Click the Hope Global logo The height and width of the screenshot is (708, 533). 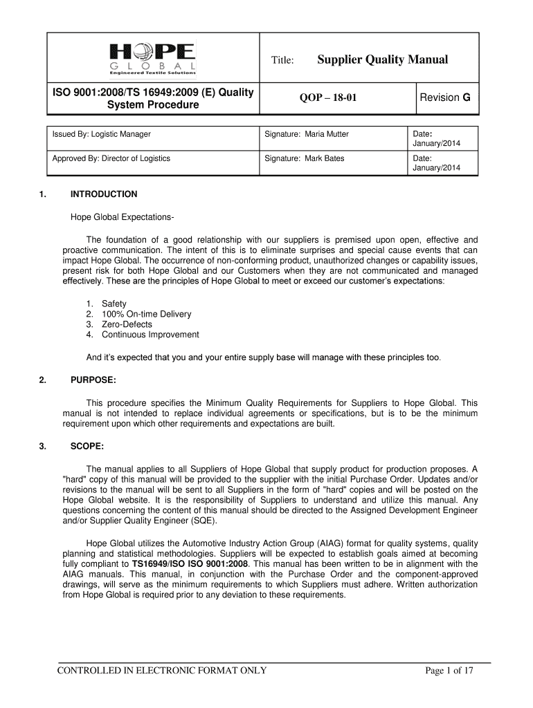point(152,58)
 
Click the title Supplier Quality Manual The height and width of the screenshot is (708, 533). point(382,59)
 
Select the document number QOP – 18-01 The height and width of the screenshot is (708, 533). point(328,98)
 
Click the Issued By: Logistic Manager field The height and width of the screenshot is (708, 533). point(102,134)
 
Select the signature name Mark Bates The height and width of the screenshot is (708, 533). point(323,158)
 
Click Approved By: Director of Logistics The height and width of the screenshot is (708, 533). point(111,158)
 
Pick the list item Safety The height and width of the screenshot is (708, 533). point(114,304)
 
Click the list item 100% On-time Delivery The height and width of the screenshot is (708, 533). point(146,314)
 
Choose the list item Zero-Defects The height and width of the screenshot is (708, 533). point(127,324)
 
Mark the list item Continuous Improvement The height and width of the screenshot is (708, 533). point(150,335)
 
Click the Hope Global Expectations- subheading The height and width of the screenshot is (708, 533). point(122,218)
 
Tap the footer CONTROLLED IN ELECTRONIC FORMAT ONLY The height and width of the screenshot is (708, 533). point(161,671)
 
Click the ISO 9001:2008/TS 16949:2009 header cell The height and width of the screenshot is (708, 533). point(153,98)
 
